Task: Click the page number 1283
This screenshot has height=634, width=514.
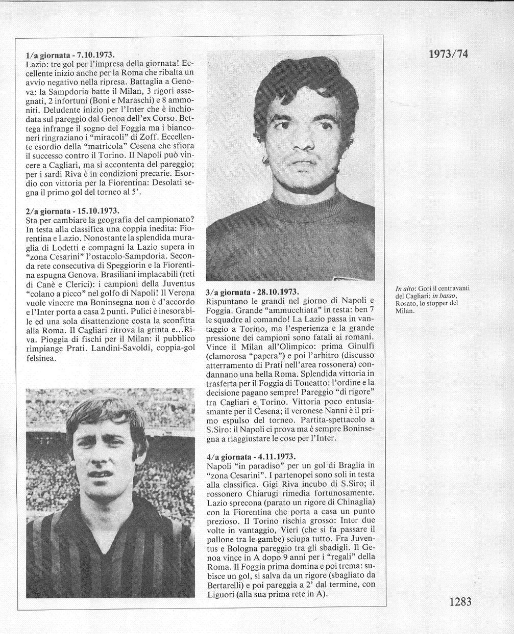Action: coord(460,601)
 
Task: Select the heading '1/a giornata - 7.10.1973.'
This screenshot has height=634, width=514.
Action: coord(70,55)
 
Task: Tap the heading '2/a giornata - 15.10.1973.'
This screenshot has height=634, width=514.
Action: coord(72,210)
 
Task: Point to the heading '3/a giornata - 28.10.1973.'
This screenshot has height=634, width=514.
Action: coord(252,292)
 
